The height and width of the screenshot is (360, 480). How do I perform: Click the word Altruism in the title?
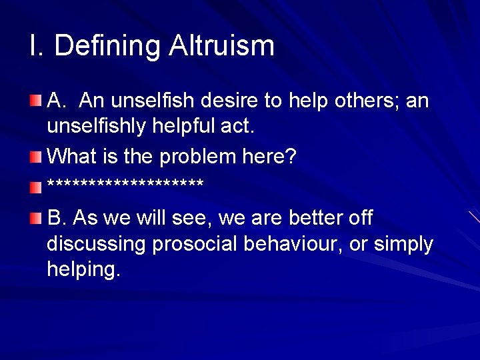coord(221,46)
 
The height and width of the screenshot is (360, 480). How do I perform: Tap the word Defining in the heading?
coord(107,46)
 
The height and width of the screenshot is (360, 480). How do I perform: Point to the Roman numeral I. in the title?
coord(37,46)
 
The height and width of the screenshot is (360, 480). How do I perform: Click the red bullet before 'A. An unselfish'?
coord(36,101)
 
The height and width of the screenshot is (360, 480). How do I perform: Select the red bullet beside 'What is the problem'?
coord(36,157)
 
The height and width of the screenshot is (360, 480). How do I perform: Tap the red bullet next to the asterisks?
coord(36,187)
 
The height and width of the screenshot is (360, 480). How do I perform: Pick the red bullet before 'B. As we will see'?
coord(36,218)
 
